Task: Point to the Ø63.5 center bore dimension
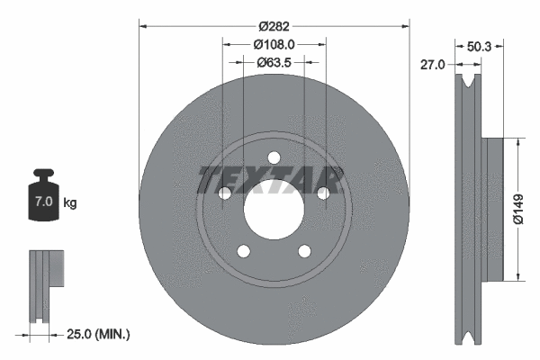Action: [274, 62]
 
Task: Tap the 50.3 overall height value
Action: [479, 46]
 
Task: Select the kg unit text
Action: [70, 203]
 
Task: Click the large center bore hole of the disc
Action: [274, 208]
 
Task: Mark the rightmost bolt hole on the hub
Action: [322, 193]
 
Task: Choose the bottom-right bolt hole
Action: [304, 250]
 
